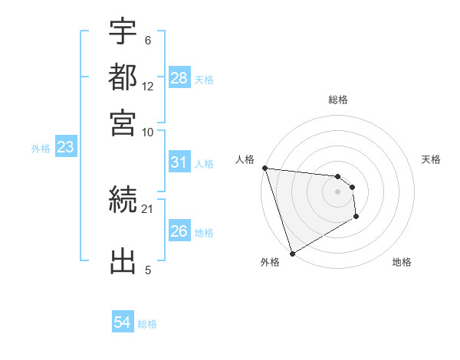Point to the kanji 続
coord(123,201)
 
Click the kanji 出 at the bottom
coord(123,260)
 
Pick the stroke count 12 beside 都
coord(148,87)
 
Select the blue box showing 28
coord(179,78)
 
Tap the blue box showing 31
coord(179,162)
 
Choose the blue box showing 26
coord(179,231)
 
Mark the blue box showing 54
coord(122,323)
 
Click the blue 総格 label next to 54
coord(147,324)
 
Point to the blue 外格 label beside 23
coord(41,149)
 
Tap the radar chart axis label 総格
coord(337,100)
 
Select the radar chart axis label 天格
coord(431,159)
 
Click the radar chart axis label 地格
coord(402,262)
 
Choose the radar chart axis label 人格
coord(245,159)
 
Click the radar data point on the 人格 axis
coord(264,168)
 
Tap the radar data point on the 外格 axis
coord(292,253)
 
